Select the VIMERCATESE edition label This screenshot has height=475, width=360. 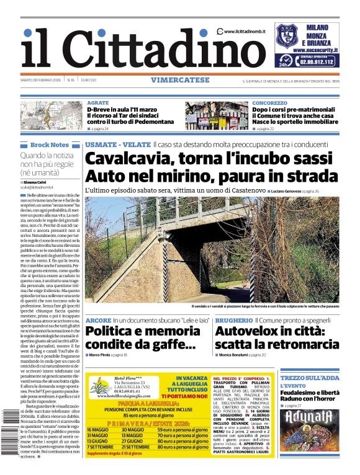coord(179,80)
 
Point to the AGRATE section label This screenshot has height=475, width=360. coord(97,103)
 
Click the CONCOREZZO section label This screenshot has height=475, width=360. coord(269,103)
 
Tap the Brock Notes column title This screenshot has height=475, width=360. coord(49,144)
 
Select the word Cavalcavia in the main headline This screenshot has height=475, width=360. coord(133,159)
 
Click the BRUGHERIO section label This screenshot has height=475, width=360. coord(233,320)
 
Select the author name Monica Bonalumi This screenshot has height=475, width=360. coord(238,355)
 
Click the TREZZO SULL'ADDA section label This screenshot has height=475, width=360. coord(309,378)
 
